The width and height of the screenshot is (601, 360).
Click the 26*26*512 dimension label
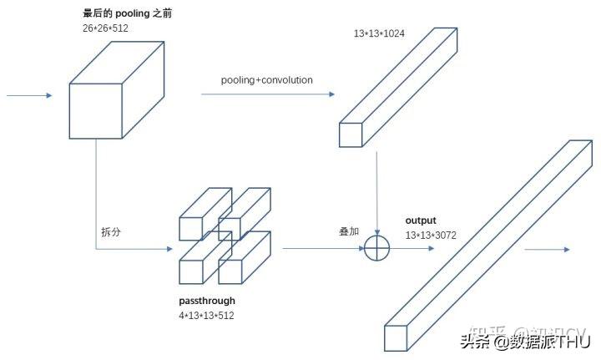point(106,28)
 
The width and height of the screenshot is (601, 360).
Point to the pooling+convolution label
point(266,80)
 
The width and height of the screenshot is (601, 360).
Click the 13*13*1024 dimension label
point(380,33)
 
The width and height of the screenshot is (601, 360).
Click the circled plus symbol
point(378,248)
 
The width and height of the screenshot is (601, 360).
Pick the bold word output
point(421,221)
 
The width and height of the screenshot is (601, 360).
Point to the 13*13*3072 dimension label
point(431,236)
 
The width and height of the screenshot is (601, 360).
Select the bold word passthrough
point(207,301)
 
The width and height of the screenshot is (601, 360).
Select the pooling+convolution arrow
point(267,94)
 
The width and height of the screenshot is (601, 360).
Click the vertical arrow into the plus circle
point(378,192)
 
